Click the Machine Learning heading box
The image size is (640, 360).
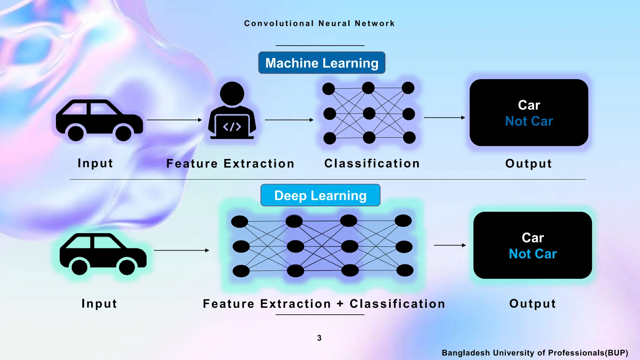point(322,63)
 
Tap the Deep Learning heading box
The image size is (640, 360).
point(320,195)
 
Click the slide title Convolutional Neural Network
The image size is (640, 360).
point(319,23)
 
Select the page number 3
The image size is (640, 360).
point(319,338)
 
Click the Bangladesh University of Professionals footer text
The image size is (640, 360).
point(535,353)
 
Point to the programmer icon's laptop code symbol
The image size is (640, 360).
point(232,127)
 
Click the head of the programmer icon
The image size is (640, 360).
point(232,93)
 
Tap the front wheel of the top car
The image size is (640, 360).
point(123,133)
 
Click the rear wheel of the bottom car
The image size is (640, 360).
point(79,267)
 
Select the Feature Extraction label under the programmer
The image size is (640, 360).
point(230,163)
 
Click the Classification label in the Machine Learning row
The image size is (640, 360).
point(372,163)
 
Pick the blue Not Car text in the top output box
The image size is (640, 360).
point(529,121)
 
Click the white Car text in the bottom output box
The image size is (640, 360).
point(532,238)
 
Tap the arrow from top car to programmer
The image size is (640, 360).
point(174,120)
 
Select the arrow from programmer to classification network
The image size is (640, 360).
point(289,120)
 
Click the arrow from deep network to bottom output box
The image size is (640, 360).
point(450,245)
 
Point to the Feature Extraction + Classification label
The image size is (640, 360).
point(324,304)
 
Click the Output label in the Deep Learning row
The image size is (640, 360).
point(532,304)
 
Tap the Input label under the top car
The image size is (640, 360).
point(95,163)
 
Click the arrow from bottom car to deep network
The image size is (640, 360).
point(181,250)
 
